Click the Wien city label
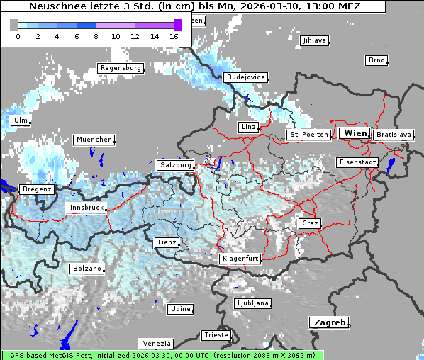tap(355, 133)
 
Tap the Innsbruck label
tap(87, 208)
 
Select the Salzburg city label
tap(176, 164)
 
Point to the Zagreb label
tap(328, 322)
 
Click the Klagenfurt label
tap(240, 259)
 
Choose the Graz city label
tap(310, 223)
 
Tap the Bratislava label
tap(394, 134)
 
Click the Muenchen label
tap(94, 140)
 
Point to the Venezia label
tap(155, 343)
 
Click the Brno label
tap(376, 60)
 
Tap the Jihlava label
tap(314, 40)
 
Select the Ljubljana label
tap(253, 303)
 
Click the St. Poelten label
tap(308, 134)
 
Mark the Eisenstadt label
tap(357, 162)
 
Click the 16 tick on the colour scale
tap(174, 35)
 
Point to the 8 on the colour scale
tap(96, 35)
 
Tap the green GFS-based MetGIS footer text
tap(162, 355)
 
